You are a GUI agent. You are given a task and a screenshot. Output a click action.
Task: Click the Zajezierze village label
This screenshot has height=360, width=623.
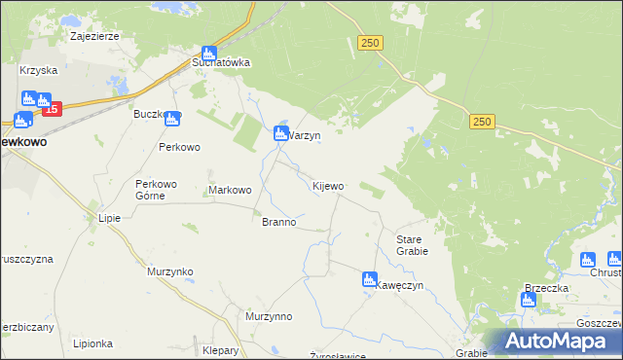click(x=94, y=36)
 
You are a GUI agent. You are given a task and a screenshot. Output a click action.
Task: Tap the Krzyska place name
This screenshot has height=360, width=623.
click(x=39, y=70)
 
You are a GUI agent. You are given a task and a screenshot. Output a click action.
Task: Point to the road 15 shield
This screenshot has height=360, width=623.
click(x=52, y=109)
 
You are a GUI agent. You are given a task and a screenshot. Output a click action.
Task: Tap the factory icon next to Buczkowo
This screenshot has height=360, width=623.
click(x=173, y=119)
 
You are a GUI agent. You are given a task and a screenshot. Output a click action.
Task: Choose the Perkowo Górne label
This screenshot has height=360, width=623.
click(x=157, y=190)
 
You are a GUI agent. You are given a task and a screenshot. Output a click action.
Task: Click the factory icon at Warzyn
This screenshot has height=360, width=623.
click(x=281, y=133)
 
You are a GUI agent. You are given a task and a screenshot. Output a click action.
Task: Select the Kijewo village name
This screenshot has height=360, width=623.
click(x=328, y=185)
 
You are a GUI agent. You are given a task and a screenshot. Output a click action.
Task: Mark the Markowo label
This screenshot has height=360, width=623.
click(x=231, y=190)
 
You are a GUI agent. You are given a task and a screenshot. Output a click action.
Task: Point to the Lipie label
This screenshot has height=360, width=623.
click(x=109, y=218)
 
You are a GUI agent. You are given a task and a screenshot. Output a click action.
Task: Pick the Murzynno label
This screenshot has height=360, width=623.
click(x=270, y=317)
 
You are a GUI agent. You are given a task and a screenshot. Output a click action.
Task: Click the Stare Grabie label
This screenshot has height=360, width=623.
click(x=413, y=244)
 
